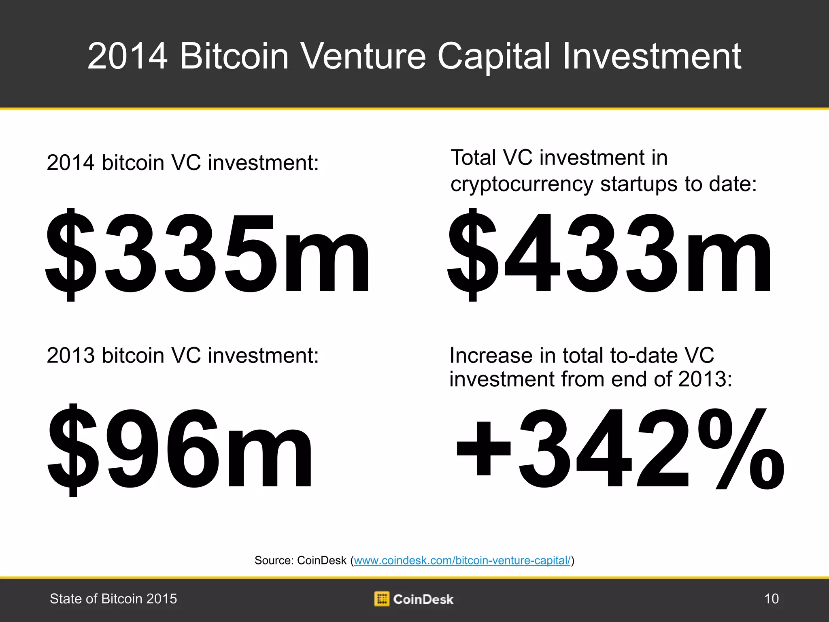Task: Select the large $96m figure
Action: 180,449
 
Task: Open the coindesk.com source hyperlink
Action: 462,560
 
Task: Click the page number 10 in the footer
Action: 771,599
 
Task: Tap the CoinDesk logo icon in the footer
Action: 381,599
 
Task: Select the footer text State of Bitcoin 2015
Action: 113,599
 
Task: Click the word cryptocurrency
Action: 522,185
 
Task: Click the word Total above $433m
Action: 473,158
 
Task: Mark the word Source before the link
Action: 273,560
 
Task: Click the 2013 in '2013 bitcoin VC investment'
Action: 70,356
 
